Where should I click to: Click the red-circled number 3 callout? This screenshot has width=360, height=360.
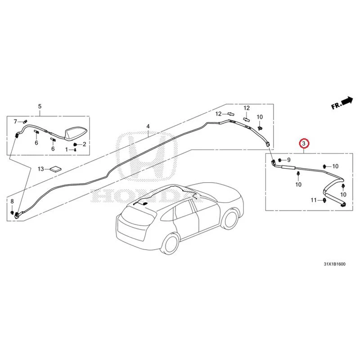(304, 144)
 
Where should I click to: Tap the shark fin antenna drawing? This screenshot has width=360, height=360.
(75, 134)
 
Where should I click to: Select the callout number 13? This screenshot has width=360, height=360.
(40, 169)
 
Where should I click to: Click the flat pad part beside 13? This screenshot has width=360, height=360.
(56, 169)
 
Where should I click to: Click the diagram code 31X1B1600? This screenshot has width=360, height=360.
(334, 264)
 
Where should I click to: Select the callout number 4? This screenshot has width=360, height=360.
(148, 126)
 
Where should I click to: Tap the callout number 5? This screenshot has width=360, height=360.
(40, 106)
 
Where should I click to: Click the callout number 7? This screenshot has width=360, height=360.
(15, 121)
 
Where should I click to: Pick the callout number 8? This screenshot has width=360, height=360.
(12, 201)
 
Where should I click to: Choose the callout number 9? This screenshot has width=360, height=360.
(289, 160)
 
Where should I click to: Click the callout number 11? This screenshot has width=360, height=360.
(314, 200)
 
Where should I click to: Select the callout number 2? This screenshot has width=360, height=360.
(84, 144)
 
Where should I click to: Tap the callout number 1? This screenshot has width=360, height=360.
(67, 150)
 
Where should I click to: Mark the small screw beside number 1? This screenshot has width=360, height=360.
(75, 150)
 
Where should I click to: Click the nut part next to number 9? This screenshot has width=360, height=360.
(280, 160)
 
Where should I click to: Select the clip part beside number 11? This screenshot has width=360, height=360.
(324, 200)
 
